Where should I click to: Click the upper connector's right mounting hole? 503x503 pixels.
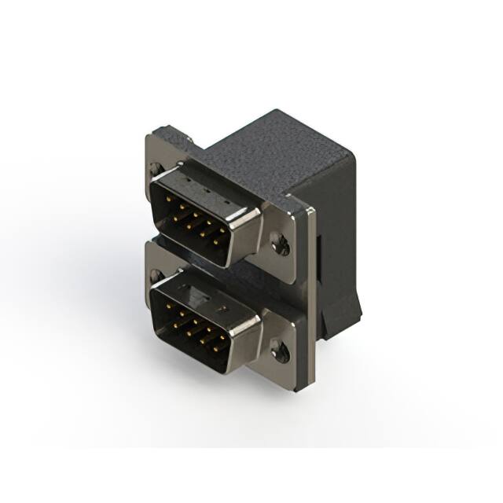281,244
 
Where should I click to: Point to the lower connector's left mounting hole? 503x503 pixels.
156,276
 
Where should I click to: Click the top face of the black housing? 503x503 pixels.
275,149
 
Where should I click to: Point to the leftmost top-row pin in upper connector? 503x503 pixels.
168,201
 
